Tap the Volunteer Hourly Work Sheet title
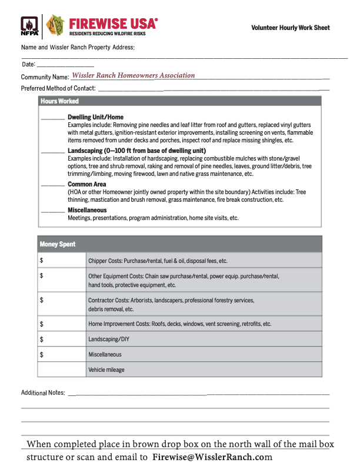(290, 28)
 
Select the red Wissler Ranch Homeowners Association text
(133, 75)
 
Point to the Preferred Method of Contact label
(58, 88)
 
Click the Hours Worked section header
(59, 101)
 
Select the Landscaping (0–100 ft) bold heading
(136, 151)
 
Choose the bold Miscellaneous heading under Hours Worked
(87, 210)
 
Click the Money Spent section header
(57, 244)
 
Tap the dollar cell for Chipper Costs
(62, 260)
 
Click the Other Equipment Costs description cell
(204, 280)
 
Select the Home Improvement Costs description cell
(204, 324)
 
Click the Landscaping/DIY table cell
(204, 339)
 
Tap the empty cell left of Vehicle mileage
(62, 370)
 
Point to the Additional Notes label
(43, 392)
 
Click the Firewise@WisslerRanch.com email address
(212, 457)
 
